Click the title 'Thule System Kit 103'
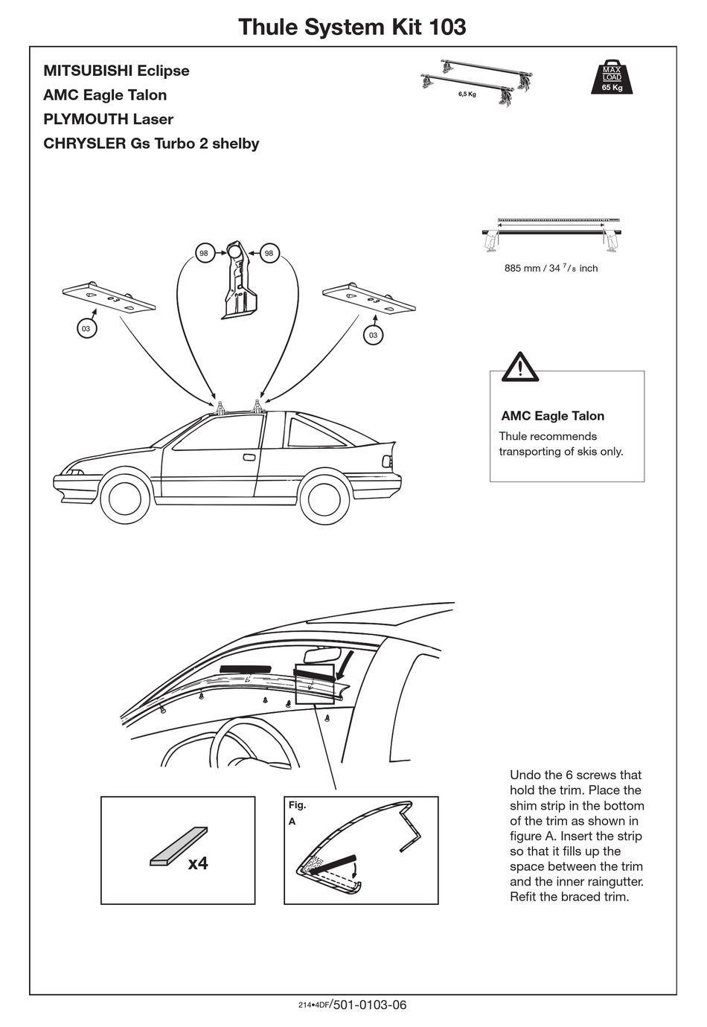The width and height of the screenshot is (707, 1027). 352,27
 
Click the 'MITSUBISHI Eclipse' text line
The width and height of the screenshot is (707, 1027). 116,71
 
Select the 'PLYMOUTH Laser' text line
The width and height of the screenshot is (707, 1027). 108,119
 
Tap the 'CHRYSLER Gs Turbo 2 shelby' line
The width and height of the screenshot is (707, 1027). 151,143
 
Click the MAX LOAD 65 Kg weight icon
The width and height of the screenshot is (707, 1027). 612,77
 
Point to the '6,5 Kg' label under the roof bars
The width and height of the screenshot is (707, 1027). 467,95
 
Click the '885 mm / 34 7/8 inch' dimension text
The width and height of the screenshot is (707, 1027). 551,268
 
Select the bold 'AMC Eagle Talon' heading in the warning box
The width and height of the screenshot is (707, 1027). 552,416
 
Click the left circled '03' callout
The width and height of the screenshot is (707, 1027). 86,328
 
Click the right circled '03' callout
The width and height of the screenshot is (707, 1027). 373,335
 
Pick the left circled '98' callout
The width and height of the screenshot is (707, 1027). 203,254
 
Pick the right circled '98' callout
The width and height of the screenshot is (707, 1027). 269,254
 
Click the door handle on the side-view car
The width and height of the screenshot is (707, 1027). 249,457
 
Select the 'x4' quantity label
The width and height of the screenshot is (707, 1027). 198,863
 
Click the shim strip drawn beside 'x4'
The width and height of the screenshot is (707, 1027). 179,846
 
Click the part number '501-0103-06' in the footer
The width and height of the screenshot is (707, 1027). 370,1005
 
